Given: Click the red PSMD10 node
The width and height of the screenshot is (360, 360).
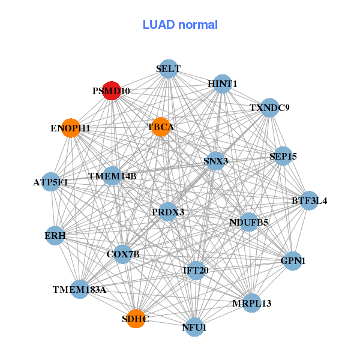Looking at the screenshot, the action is pyautogui.click(x=112, y=91).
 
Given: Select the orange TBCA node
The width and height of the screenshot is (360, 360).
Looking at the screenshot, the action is pyautogui.click(x=160, y=127).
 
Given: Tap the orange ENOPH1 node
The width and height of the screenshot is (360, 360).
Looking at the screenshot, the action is pyautogui.click(x=71, y=128).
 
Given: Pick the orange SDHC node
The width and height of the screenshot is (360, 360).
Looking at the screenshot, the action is pyautogui.click(x=135, y=319).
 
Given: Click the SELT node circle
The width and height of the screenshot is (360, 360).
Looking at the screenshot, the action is pyautogui.click(x=169, y=69).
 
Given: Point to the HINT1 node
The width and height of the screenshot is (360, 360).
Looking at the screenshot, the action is pyautogui.click(x=223, y=84).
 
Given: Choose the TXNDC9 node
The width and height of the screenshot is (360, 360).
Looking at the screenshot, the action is pyautogui.click(x=269, y=108).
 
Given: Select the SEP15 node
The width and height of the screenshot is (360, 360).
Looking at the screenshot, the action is pyautogui.click(x=283, y=156).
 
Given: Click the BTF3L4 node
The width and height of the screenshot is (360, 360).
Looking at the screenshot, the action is pyautogui.click(x=309, y=200).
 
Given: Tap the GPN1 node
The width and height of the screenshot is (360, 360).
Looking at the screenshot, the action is pyautogui.click(x=293, y=261).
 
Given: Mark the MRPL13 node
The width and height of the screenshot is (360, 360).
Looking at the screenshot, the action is pyautogui.click(x=252, y=303).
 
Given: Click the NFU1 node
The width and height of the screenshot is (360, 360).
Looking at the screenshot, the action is pyautogui.click(x=194, y=327).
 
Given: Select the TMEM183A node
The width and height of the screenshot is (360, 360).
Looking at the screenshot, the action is pyautogui.click(x=79, y=289).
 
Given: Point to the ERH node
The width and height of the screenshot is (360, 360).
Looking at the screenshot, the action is pyautogui.click(x=55, y=236).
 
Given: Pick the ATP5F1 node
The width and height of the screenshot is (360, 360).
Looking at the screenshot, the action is pyautogui.click(x=51, y=181).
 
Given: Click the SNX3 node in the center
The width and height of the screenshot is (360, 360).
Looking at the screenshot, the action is pyautogui.click(x=216, y=161).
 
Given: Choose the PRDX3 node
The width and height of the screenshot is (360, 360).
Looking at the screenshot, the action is pyautogui.click(x=168, y=212).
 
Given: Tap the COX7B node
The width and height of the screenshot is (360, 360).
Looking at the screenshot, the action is pyautogui.click(x=123, y=254).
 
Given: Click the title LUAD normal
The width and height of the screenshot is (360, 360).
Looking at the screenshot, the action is pyautogui.click(x=180, y=25).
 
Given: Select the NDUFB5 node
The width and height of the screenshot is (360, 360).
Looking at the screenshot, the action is pyautogui.click(x=248, y=222).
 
